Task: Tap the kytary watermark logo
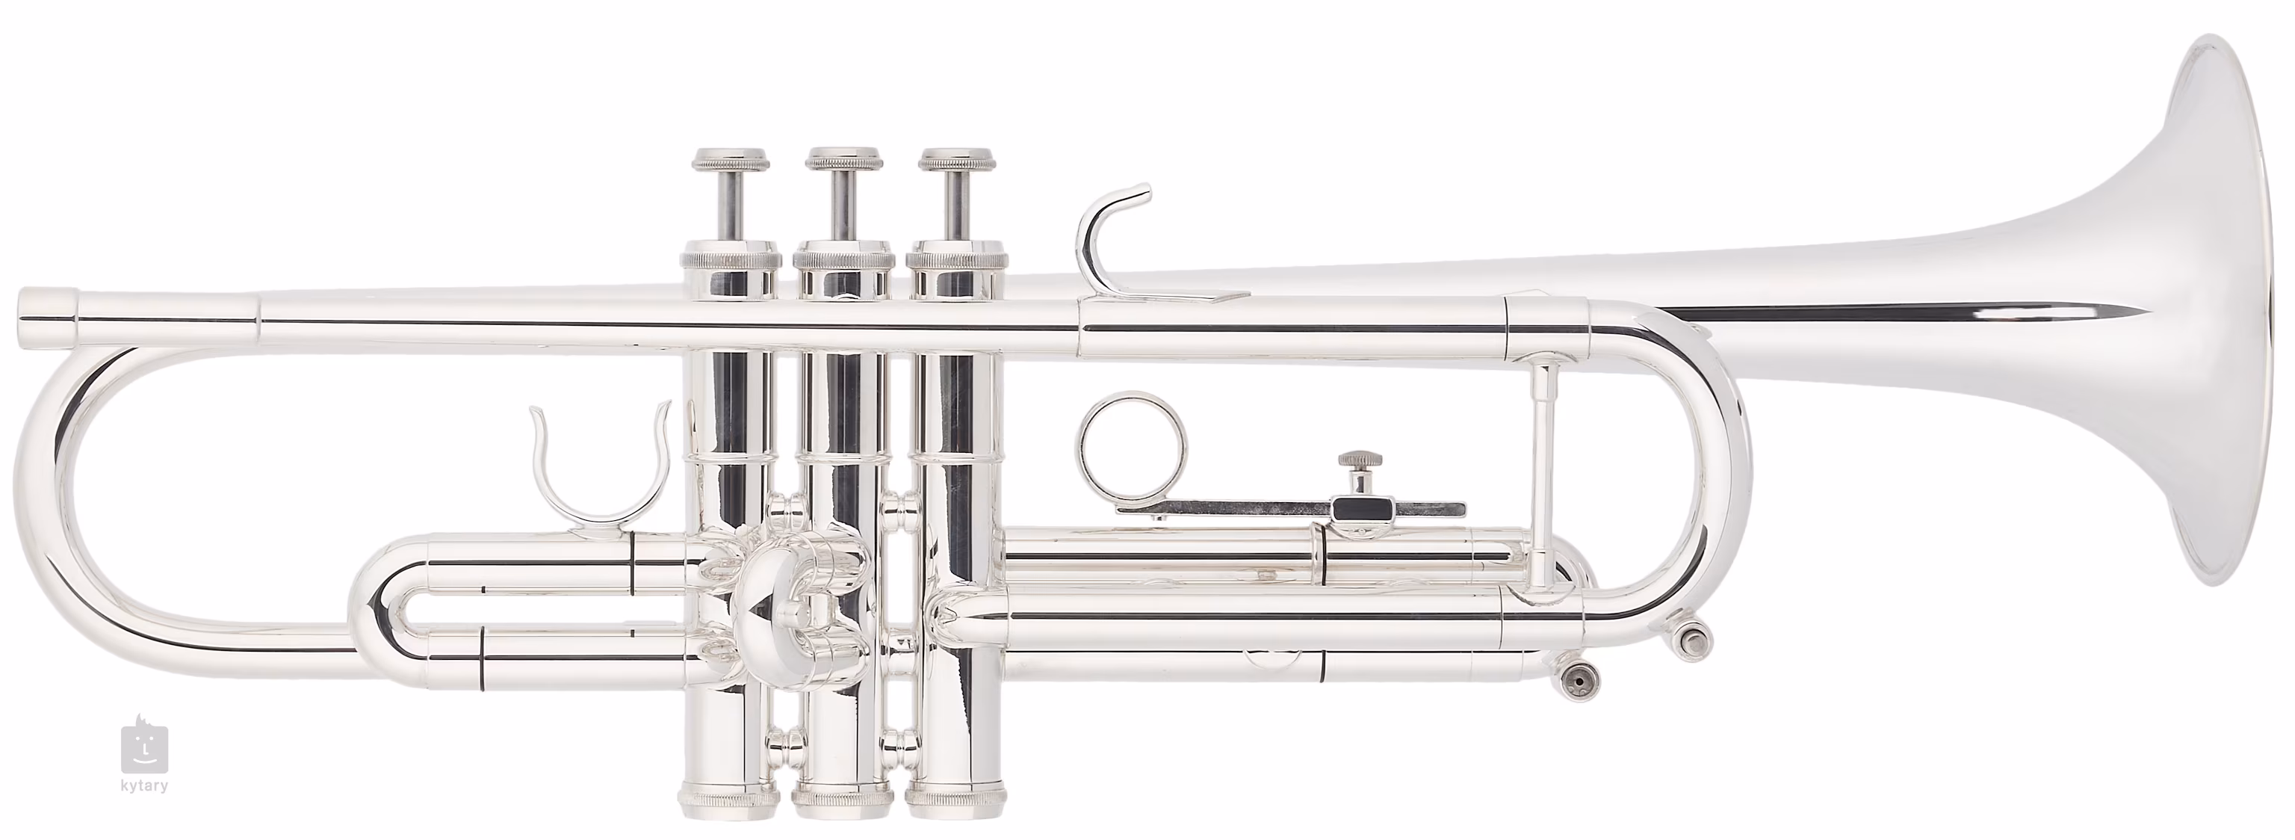click(144, 747)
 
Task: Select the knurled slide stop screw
click(1361, 465)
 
